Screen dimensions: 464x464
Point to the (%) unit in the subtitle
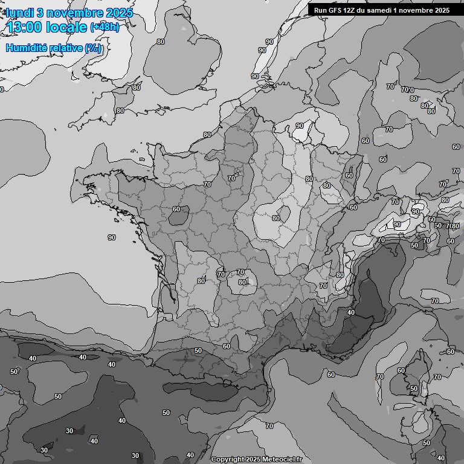[92, 48]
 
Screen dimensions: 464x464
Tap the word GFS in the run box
[334, 10]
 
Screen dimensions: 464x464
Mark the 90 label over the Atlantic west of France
[112, 237]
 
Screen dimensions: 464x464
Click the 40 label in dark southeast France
[351, 312]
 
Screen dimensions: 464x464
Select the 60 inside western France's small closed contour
[176, 209]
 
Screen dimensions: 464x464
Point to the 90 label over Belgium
[300, 126]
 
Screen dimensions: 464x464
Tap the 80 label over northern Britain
[160, 42]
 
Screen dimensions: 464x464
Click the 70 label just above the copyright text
[269, 426]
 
